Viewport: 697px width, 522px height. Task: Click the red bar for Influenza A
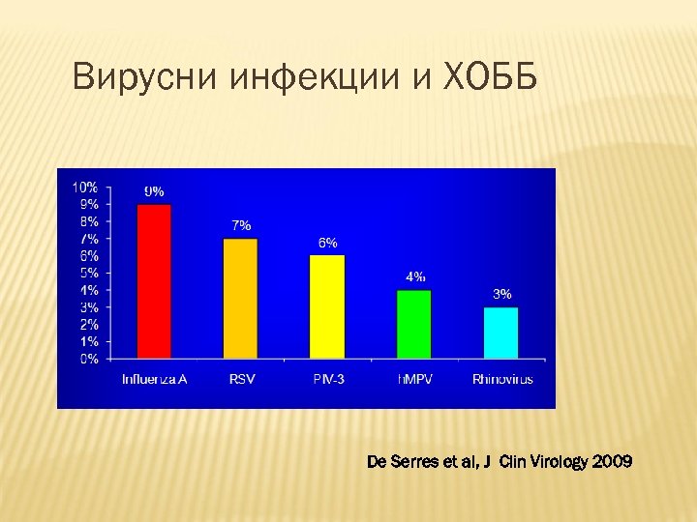(x=154, y=281)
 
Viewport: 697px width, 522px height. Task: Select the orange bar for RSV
(x=240, y=298)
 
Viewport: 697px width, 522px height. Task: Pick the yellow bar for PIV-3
(x=327, y=306)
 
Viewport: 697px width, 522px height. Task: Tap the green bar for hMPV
(x=414, y=324)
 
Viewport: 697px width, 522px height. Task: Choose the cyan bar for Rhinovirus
(x=500, y=333)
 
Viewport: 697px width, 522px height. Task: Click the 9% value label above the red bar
(x=154, y=190)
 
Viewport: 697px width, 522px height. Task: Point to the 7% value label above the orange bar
(x=241, y=225)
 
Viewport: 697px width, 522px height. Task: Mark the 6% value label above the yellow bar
(x=327, y=243)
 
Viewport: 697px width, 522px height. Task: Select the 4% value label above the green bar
(x=414, y=276)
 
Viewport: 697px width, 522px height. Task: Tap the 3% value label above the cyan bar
(x=501, y=294)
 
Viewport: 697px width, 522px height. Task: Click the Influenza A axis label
(x=154, y=379)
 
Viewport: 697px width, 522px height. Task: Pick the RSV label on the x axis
(x=241, y=379)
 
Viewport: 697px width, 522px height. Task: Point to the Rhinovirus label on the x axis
(x=501, y=379)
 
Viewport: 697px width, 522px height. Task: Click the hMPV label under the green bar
(x=415, y=379)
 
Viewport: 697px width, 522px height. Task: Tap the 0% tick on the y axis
(x=88, y=359)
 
